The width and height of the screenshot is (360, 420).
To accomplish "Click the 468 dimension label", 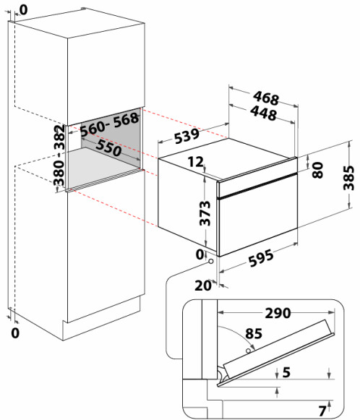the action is click(266, 98).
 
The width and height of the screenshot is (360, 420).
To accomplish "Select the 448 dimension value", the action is click(263, 113).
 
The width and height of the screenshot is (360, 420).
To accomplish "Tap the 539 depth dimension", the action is click(187, 136).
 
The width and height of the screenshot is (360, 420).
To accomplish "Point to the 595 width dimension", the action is click(261, 258).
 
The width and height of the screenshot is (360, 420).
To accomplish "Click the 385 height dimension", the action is click(349, 178).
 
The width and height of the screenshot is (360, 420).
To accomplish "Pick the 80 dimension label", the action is click(318, 170).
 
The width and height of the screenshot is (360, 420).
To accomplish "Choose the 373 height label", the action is click(205, 213).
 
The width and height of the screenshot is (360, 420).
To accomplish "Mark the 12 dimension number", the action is click(195, 162).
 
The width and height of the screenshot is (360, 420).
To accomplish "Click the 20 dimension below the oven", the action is click(202, 286).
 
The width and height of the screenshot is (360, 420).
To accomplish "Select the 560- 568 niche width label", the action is click(110, 124).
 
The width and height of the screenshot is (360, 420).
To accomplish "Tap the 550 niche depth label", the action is click(108, 148).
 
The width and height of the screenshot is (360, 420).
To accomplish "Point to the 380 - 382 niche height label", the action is click(59, 155).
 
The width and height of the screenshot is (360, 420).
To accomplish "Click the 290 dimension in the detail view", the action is click(278, 313).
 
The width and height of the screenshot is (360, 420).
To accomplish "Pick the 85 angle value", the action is click(254, 333).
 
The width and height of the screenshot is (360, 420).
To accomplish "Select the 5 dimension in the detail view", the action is click(286, 372).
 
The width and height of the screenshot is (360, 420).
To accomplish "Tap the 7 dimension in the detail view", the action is click(322, 411).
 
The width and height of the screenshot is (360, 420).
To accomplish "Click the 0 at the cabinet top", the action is click(24, 10).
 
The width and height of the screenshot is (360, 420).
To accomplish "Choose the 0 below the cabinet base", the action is click(15, 333).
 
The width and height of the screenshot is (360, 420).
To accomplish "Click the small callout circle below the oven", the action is click(211, 261).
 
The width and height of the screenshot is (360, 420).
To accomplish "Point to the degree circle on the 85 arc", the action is click(249, 351).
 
